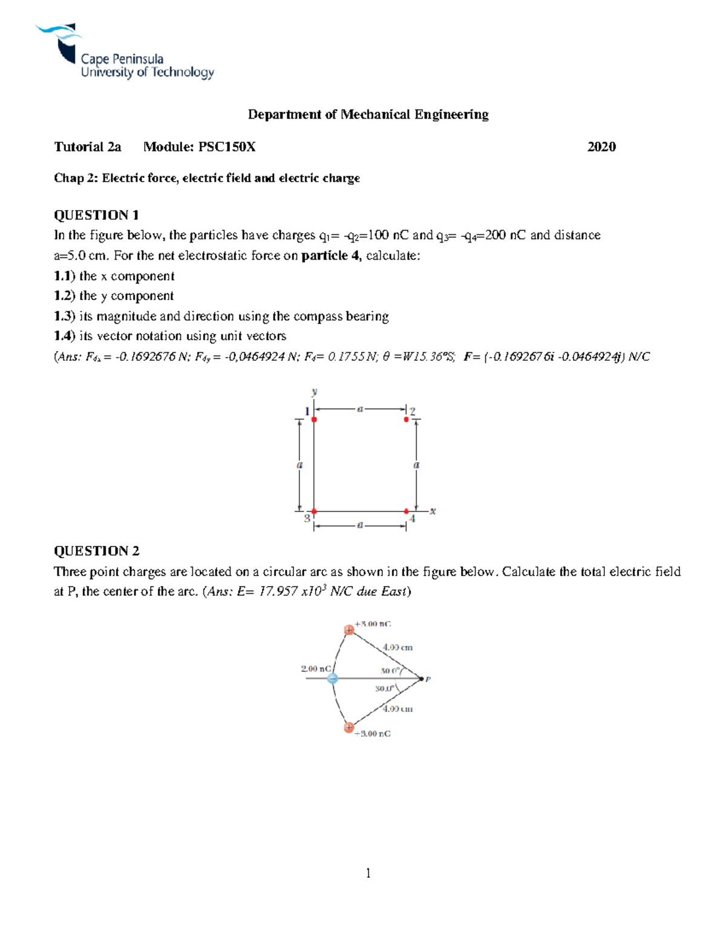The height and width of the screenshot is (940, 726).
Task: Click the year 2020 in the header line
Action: (601, 147)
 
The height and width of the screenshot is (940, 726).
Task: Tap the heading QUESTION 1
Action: (96, 215)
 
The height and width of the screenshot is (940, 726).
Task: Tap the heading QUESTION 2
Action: (96, 551)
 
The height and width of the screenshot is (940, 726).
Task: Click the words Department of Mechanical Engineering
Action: (368, 114)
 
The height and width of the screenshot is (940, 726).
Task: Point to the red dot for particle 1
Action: (314, 419)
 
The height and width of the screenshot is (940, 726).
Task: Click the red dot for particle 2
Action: (406, 419)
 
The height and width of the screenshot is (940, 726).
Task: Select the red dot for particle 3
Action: (314, 511)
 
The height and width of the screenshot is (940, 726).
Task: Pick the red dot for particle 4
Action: (406, 511)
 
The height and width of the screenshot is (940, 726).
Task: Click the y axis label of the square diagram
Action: (314, 392)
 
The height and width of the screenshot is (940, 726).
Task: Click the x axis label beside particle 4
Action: (433, 511)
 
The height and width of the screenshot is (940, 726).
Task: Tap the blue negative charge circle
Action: (332, 679)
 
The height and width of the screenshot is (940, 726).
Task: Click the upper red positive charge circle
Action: (349, 630)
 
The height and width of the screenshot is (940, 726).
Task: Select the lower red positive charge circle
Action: (349, 728)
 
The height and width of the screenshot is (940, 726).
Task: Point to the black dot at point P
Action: (422, 679)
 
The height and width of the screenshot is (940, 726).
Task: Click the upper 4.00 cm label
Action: (397, 648)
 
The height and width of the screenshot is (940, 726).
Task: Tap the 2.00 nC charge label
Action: (315, 669)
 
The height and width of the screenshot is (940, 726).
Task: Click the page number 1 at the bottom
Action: (368, 873)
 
